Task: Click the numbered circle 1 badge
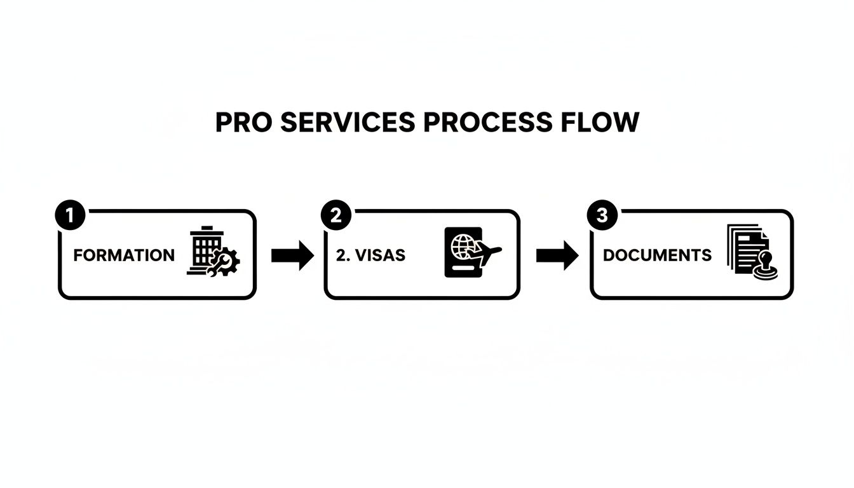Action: coord(70,216)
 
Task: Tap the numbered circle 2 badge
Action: coord(335,216)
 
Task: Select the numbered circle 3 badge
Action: coord(601,216)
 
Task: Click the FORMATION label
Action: coord(124,255)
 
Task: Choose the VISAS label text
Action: coord(379,255)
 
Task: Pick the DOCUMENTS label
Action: coord(657,255)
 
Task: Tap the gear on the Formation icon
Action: coord(227,261)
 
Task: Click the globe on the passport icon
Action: coord(461,245)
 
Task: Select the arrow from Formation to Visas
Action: coord(292,255)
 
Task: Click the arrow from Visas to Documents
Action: coord(557,255)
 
